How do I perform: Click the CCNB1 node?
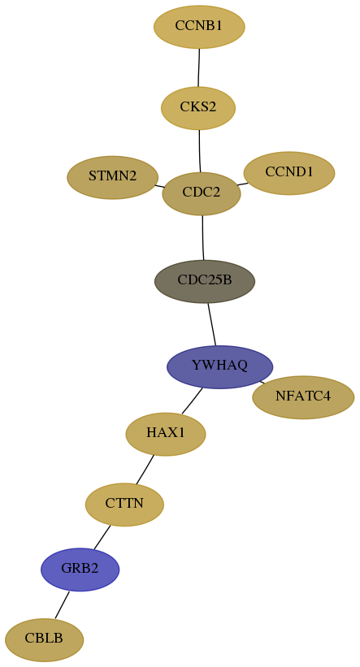point(199,27)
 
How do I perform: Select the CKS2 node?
point(198,108)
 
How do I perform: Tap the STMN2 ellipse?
point(113,177)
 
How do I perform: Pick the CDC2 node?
point(202,193)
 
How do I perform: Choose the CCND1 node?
point(289,173)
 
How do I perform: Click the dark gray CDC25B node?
point(205,281)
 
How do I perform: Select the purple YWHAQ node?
point(219,366)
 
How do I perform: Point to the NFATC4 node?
point(303,397)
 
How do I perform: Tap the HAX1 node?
point(166,435)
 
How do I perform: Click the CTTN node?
point(124,505)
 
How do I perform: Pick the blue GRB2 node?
point(80,570)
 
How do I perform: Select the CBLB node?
point(44,639)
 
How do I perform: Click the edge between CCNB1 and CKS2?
point(199,67)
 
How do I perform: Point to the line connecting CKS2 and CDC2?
point(200,151)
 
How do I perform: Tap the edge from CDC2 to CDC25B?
point(203,237)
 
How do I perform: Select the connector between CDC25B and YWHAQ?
point(212,324)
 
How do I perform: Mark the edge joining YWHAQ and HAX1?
point(192,401)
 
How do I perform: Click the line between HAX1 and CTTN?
point(145,470)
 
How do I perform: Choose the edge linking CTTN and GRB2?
point(102,537)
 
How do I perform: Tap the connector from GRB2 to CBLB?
point(62,604)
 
